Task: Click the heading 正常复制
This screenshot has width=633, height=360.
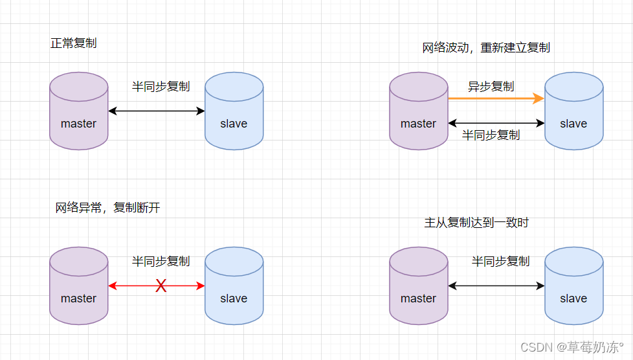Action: point(74,44)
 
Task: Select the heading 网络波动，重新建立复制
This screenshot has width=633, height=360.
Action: point(486,48)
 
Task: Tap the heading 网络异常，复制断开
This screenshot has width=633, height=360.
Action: point(107,208)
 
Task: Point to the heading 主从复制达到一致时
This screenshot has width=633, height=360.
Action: point(476,223)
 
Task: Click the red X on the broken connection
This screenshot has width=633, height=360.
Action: point(161,286)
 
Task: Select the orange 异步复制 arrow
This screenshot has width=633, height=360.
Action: point(496,99)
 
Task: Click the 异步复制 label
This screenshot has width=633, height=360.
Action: point(491,86)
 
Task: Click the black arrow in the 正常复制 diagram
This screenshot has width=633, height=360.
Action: point(156,111)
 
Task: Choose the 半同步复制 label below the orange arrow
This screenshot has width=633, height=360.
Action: point(491,135)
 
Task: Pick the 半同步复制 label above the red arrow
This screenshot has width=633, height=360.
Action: point(161,262)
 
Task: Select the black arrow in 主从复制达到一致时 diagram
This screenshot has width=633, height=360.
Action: point(496,286)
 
